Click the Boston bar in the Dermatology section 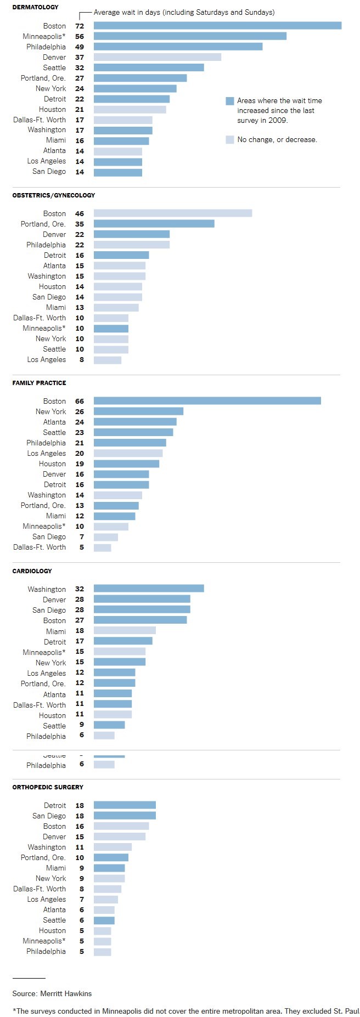click(217, 26)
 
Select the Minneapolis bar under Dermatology click(190, 36)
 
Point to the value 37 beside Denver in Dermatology click(80, 57)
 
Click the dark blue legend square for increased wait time click(230, 101)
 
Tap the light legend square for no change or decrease click(230, 140)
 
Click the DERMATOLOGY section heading click(35, 8)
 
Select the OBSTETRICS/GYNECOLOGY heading click(54, 195)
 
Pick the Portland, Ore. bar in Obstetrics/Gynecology click(154, 224)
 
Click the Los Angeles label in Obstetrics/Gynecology click(47, 360)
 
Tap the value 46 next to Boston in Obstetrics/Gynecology click(80, 213)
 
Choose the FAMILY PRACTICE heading click(39, 383)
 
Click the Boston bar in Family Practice click(207, 401)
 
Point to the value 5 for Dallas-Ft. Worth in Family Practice click(82, 547)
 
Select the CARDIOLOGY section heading click(32, 571)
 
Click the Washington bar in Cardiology click(149, 589)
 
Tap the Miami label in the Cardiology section click(56, 631)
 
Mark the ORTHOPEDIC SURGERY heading click(48, 787)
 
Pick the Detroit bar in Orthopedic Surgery click(125, 805)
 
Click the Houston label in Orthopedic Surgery click(52, 930)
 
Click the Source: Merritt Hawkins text click(52, 993)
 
